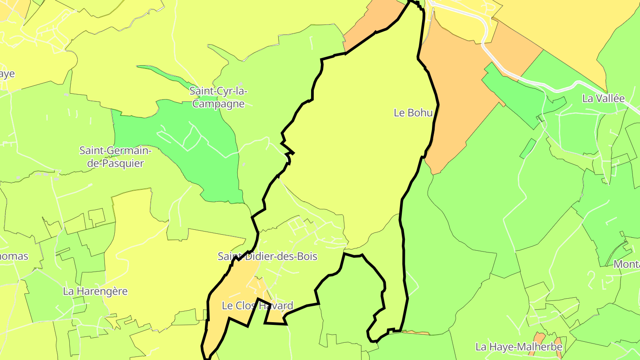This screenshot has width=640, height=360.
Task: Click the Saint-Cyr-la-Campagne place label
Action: pyautogui.click(x=218, y=97)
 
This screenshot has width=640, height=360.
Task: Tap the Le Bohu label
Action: pyautogui.click(x=413, y=113)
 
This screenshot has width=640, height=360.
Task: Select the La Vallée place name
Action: pyautogui.click(x=603, y=99)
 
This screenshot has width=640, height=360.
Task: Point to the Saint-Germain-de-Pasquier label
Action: pyautogui.click(x=116, y=157)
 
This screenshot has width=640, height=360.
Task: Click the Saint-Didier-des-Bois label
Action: pyautogui.click(x=268, y=256)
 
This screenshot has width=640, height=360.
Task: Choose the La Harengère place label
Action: pyautogui.click(x=95, y=292)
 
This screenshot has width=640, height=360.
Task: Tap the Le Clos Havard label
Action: pyautogui.click(x=257, y=306)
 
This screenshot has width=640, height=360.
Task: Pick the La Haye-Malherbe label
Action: pyautogui.click(x=519, y=347)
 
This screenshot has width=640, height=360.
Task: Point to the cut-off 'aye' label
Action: pyautogui.click(x=7, y=74)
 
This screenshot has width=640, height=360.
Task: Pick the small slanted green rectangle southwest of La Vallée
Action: pyautogui.click(x=528, y=148)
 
